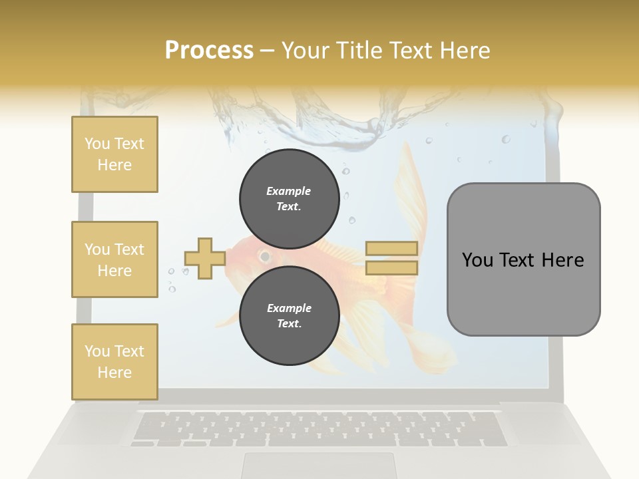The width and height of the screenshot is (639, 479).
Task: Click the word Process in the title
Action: [x=209, y=50]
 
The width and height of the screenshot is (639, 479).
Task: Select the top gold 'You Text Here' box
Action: [x=114, y=154]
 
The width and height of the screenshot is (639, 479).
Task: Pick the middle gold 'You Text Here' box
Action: [x=114, y=259]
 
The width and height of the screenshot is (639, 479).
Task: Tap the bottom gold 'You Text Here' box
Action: [x=114, y=361]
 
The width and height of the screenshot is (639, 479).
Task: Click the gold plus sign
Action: [x=205, y=258]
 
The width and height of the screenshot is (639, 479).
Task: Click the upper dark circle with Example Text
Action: [x=289, y=198]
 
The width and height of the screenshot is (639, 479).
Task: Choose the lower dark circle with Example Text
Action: [x=289, y=315]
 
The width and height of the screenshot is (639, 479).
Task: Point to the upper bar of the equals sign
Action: [x=392, y=249]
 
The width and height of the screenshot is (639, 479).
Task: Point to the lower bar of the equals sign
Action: [x=392, y=267]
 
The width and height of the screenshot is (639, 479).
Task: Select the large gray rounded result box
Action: [x=523, y=259]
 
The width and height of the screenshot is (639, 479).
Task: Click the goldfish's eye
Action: [x=265, y=255]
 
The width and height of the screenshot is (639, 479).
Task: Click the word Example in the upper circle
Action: [x=289, y=191]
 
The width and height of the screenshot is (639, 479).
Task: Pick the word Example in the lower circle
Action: [x=289, y=308]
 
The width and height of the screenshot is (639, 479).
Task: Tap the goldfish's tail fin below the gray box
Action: [x=426, y=346]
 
